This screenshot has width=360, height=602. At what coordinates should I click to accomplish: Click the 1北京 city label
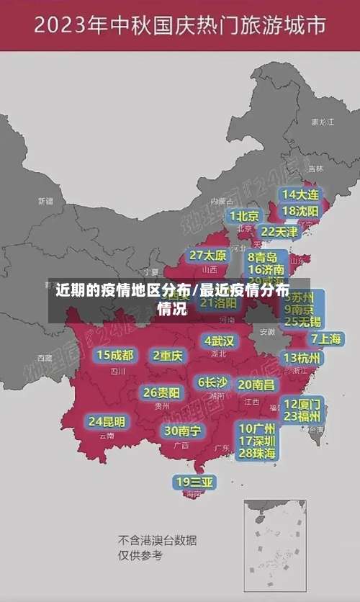point(244,216)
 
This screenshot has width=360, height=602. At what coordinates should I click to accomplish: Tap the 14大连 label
point(300,194)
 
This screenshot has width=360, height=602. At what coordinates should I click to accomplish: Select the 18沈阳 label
point(300,211)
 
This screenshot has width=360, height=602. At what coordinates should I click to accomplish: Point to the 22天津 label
point(279,232)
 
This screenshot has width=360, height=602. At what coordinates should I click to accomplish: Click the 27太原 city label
point(208,256)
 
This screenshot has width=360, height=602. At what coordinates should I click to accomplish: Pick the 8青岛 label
point(263,257)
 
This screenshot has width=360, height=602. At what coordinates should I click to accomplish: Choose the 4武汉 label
point(219,341)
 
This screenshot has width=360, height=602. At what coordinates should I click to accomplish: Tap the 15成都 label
point(115,355)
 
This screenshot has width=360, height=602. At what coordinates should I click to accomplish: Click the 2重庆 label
point(168,356)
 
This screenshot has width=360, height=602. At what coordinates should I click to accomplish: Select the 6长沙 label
point(212,382)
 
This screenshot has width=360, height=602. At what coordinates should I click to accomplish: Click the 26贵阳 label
point(161,393)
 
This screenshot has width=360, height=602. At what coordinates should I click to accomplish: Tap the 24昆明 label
point(107,421)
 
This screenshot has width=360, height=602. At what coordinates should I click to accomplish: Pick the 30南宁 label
point(182,431)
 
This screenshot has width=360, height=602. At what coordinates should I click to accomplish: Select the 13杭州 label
point(303,358)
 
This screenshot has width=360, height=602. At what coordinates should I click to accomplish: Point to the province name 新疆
point(45,201)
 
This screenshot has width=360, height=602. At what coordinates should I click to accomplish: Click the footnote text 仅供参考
point(141,555)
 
